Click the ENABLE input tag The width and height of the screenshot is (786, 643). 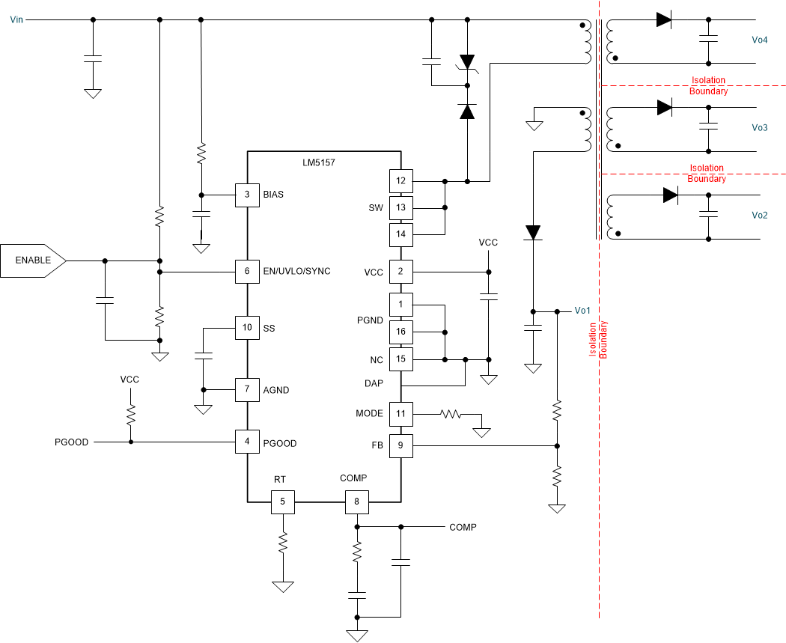(x=33, y=260)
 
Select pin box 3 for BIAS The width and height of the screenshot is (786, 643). (x=247, y=195)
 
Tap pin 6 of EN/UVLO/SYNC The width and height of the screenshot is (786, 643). (x=247, y=271)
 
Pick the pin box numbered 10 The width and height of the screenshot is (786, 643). (x=247, y=328)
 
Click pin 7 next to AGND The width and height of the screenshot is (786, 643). (x=247, y=390)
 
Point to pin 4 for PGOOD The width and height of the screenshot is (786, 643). (x=247, y=442)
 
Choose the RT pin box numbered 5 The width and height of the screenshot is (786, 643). (x=282, y=502)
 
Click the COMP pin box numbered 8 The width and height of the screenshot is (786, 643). (x=356, y=502)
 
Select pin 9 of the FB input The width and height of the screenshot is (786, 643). (x=400, y=446)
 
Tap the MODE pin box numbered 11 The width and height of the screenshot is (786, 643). (x=400, y=413)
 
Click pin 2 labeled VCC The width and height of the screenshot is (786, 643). (x=400, y=272)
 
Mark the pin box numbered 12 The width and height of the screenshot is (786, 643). (x=400, y=181)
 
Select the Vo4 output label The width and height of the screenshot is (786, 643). (x=760, y=40)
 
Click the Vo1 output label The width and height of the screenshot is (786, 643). (x=582, y=311)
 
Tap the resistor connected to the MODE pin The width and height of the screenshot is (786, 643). (x=451, y=413)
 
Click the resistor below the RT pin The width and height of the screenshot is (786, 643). (x=283, y=542)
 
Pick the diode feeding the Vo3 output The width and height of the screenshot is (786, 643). (x=664, y=108)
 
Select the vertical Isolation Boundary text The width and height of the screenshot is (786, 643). (x=597, y=339)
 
